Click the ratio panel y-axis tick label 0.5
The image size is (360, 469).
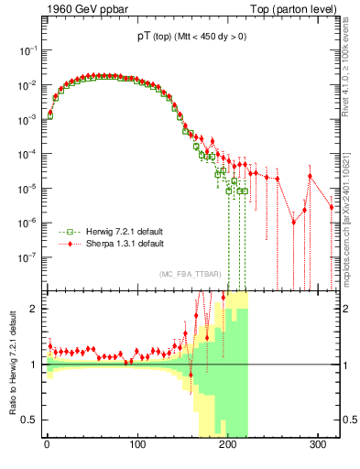click(29, 420)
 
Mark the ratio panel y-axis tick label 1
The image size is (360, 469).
click(33, 365)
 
